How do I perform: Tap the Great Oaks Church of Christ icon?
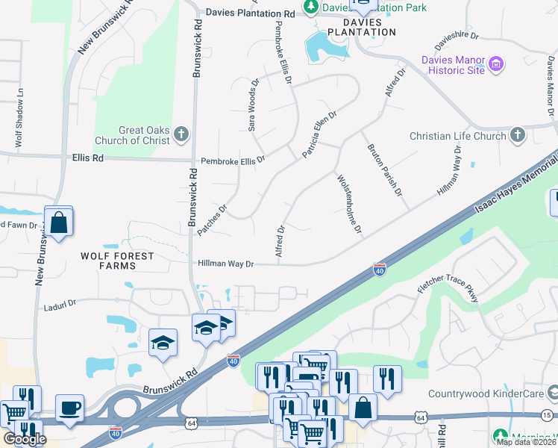point(181,135)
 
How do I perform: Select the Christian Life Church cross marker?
point(518,136)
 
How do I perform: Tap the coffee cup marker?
point(69,408)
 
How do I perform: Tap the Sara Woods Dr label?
point(253,106)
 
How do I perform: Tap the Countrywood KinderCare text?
point(486,393)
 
